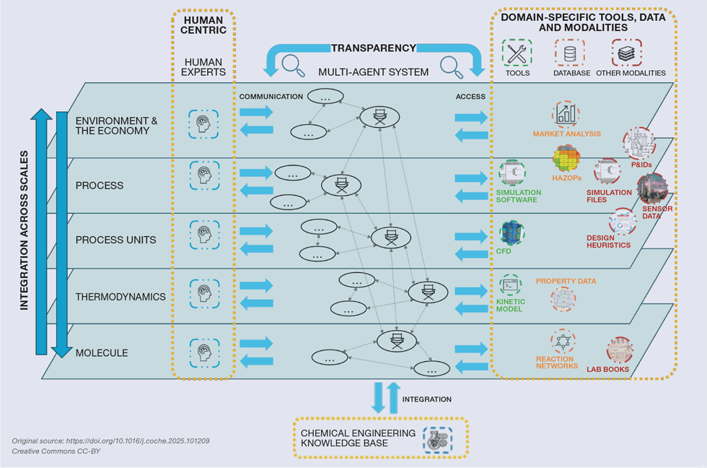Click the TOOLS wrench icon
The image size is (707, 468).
[x=517, y=53]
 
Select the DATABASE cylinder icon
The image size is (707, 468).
[x=570, y=53]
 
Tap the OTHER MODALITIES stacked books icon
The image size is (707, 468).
[x=626, y=53]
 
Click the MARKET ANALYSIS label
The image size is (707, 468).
[x=566, y=134]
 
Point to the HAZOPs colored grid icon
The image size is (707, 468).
[x=566, y=159]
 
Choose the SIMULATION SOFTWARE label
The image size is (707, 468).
[x=518, y=196]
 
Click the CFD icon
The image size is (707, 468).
[x=512, y=233]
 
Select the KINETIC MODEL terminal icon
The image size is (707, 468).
[x=510, y=286]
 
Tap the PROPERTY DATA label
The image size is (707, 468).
[x=566, y=281]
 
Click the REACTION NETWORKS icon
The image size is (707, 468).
[x=563, y=342]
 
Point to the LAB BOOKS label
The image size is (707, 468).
[x=607, y=370]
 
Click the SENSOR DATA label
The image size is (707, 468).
[x=657, y=212]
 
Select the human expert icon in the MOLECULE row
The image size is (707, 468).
[x=204, y=352]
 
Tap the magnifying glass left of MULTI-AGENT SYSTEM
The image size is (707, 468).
[x=292, y=66]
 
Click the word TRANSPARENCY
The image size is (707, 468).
[x=373, y=48]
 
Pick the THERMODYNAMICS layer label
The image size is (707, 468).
[x=120, y=297]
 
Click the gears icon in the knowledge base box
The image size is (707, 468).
[x=436, y=440]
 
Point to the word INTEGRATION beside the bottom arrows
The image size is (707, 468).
[x=426, y=399]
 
